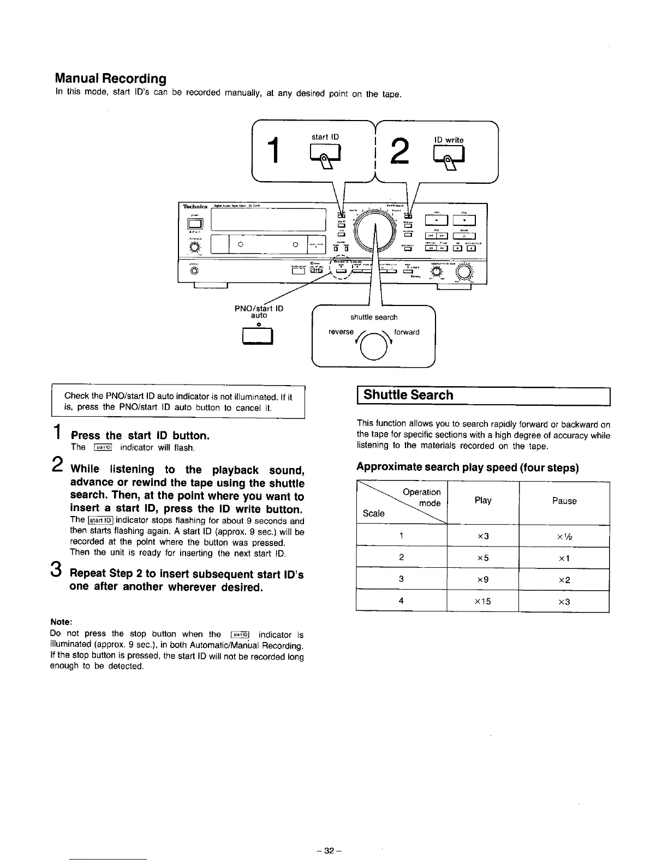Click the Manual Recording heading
pyautogui.click(x=111, y=79)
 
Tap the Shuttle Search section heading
pyautogui.click(x=408, y=395)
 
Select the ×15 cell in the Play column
pyautogui.click(x=483, y=602)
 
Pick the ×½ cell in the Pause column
pyautogui.click(x=564, y=536)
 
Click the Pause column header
pyautogui.click(x=564, y=501)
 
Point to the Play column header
pyautogui.click(x=483, y=501)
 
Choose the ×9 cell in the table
pyautogui.click(x=483, y=579)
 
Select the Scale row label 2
pyautogui.click(x=401, y=557)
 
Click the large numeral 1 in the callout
pyautogui.click(x=276, y=151)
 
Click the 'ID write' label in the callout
pyautogui.click(x=449, y=140)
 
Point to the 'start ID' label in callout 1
pyautogui.click(x=325, y=137)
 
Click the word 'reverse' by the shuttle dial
pyautogui.click(x=341, y=332)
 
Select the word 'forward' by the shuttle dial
pyautogui.click(x=407, y=332)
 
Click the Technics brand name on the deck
pyautogui.click(x=193, y=206)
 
